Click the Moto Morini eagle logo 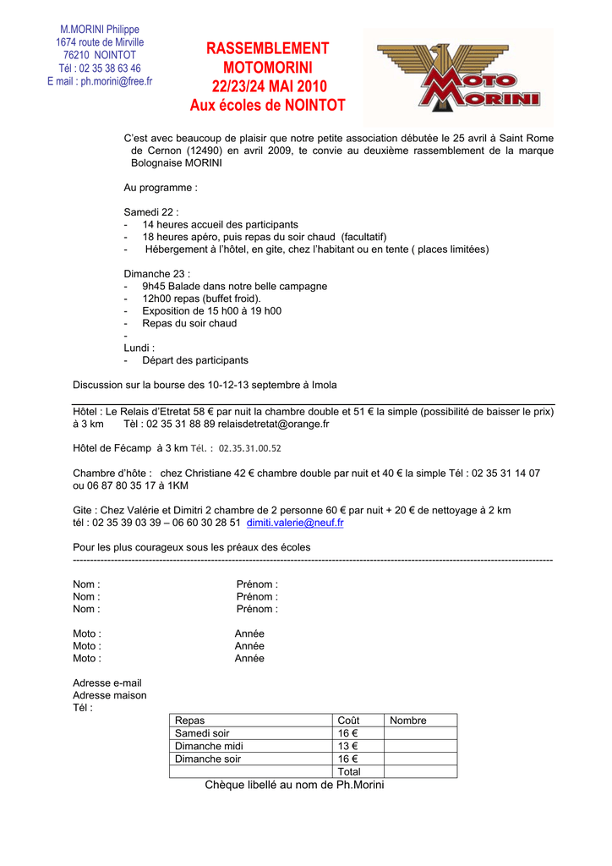(x=459, y=79)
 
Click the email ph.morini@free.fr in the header (x=100, y=81)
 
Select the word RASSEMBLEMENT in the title (x=267, y=49)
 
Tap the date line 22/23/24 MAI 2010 (x=267, y=87)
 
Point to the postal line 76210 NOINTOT (x=100, y=55)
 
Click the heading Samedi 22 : (x=151, y=212)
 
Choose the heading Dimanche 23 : (x=157, y=274)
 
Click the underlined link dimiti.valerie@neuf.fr (x=295, y=523)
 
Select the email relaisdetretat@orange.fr (x=274, y=424)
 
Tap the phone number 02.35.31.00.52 (x=250, y=449)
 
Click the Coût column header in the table (x=348, y=721)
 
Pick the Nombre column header (x=408, y=721)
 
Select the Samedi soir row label (x=202, y=733)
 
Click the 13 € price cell (x=347, y=746)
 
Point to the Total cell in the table (x=349, y=771)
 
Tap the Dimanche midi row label (x=209, y=746)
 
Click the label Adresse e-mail (x=107, y=682)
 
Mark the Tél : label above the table (x=83, y=708)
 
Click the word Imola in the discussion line (x=324, y=385)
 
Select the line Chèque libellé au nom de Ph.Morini (x=294, y=786)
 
